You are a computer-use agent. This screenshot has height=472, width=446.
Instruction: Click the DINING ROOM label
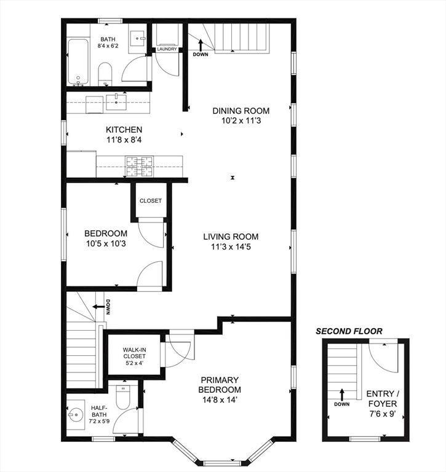click(x=241, y=111)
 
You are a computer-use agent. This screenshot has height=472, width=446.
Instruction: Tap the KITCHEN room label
click(x=124, y=130)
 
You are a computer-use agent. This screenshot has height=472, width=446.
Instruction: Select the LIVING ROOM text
click(x=231, y=237)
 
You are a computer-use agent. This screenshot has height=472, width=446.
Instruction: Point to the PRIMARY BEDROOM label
click(x=220, y=385)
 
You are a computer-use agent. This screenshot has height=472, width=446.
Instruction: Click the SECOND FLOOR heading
click(x=349, y=331)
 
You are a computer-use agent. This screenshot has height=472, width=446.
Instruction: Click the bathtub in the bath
click(x=78, y=61)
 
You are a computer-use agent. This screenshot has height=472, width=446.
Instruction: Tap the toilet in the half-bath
click(x=122, y=398)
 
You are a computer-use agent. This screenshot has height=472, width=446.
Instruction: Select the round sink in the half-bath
click(x=75, y=415)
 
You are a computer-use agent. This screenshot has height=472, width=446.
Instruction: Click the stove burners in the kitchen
click(x=140, y=166)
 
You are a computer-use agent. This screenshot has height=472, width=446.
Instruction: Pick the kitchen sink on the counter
click(x=116, y=102)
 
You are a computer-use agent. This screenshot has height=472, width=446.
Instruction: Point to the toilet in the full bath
click(x=105, y=74)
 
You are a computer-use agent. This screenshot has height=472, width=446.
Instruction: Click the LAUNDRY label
click(x=167, y=49)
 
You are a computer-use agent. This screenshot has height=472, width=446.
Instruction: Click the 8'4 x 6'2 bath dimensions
click(x=108, y=46)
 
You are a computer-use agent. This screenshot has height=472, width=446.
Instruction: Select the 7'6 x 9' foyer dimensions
click(x=383, y=414)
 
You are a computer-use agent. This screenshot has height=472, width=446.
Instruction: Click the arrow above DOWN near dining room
click(x=201, y=45)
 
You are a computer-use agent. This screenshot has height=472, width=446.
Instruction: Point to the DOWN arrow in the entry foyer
click(x=342, y=395)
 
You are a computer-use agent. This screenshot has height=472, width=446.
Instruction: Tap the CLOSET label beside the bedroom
click(x=150, y=201)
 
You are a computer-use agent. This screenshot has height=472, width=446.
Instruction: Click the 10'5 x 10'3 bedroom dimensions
click(x=106, y=243)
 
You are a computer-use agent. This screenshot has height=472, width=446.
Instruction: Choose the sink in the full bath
click(x=138, y=39)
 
